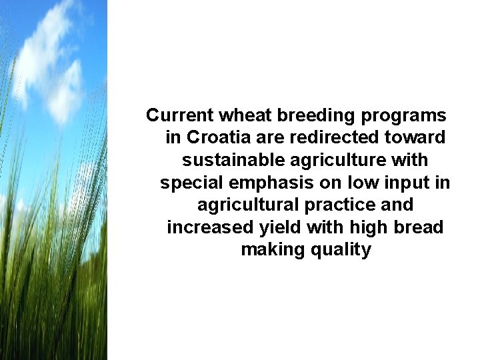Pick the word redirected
pyautogui.click(x=330, y=138)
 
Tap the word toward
pyautogui.click(x=416, y=138)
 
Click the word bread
pyautogui.click(x=419, y=227)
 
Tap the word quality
pyautogui.click(x=339, y=251)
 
